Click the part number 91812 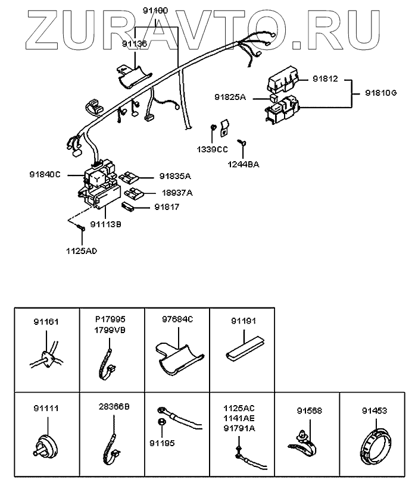pos(324,79)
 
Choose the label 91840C pos(45,174)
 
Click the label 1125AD pos(81,250)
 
